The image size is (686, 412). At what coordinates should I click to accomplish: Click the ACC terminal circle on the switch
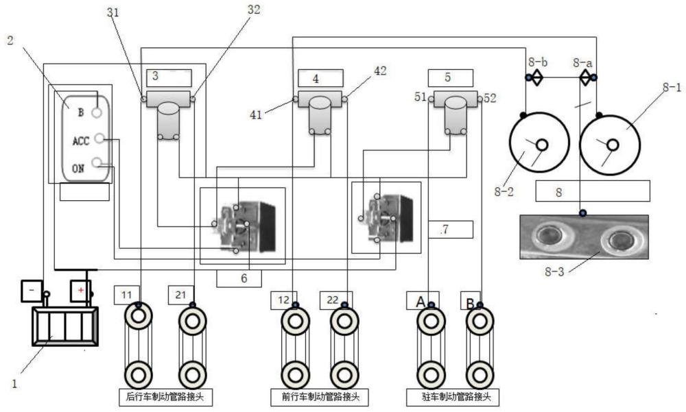(x=100, y=139)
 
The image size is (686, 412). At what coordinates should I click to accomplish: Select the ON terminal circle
(x=101, y=163)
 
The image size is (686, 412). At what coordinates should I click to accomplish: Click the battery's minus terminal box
(x=32, y=290)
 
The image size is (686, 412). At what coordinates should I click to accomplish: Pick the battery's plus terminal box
(x=80, y=290)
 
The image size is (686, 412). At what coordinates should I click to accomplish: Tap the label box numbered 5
(x=449, y=77)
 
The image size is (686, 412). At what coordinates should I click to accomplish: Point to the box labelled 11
(x=126, y=295)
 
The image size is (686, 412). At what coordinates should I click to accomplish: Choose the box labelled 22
(x=332, y=299)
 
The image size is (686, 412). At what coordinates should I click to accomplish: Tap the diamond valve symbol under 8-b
(x=536, y=78)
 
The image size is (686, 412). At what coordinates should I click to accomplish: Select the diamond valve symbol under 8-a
(x=585, y=78)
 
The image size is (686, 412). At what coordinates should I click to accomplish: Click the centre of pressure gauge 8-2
(x=541, y=145)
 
